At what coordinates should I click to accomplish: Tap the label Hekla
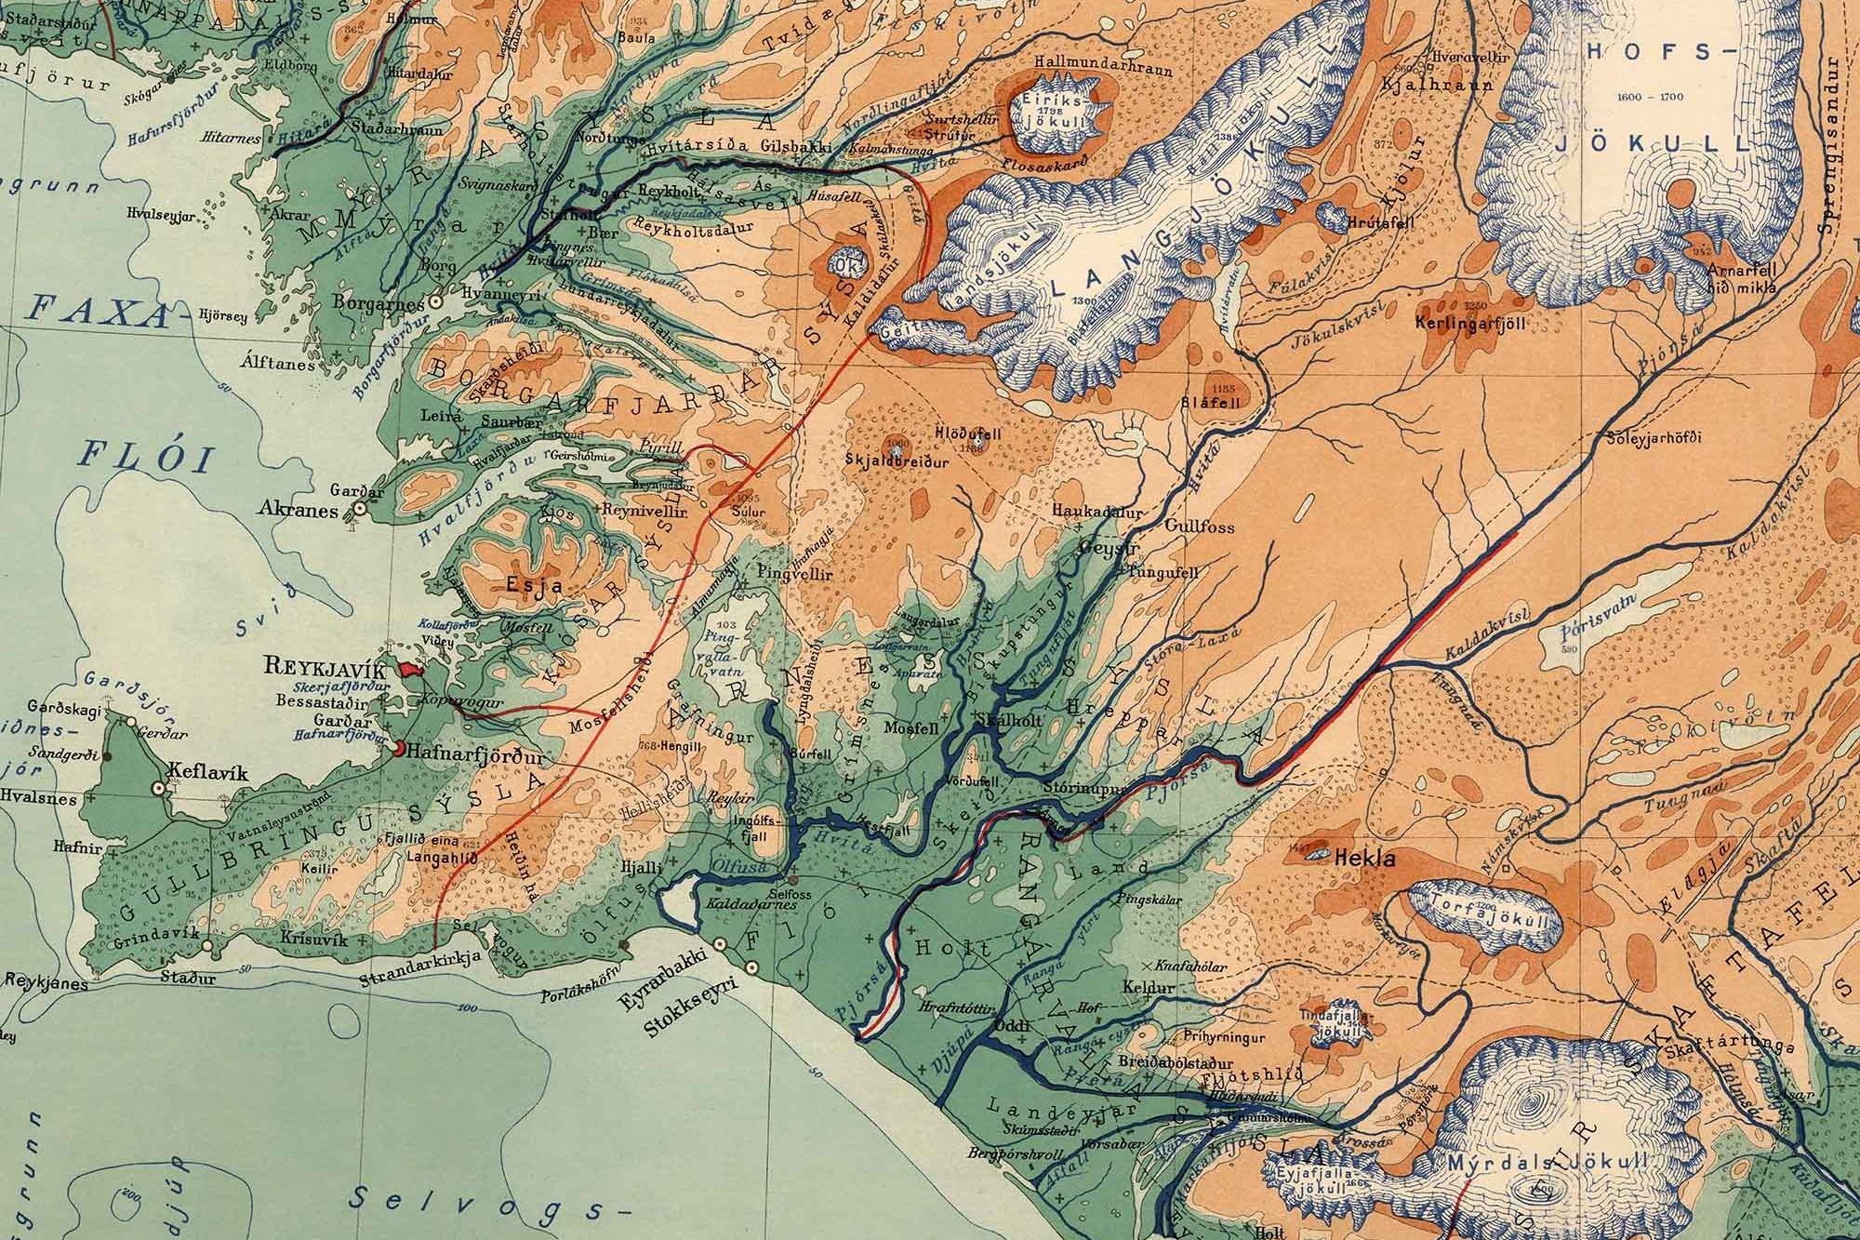(1364, 860)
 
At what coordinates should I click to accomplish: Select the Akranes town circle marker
(358, 509)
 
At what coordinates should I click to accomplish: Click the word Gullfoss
(1199, 527)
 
